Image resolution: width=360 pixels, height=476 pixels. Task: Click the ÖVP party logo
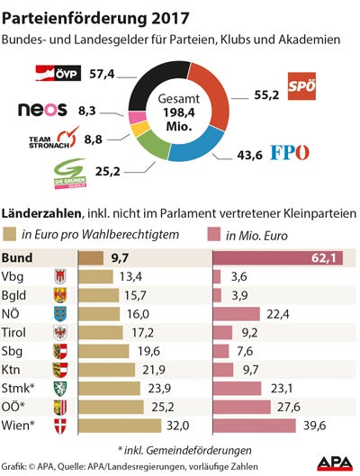(62, 72)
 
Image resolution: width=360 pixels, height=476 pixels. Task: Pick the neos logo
(43, 110)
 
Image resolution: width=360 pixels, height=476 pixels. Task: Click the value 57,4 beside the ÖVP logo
(108, 73)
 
